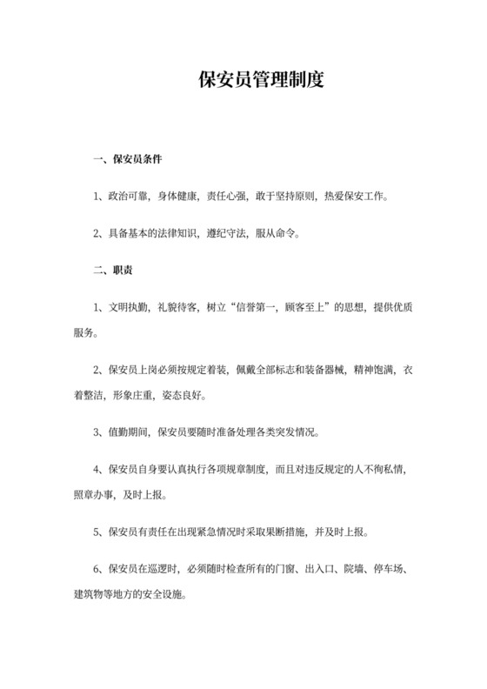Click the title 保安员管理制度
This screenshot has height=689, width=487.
[x=261, y=83]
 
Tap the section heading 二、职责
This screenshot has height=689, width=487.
[x=112, y=271]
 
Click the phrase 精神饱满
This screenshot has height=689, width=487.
[x=370, y=369]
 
